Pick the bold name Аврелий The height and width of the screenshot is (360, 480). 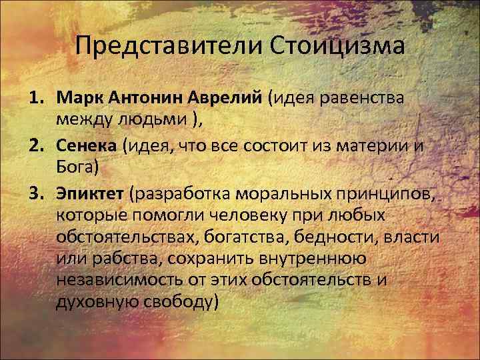click(x=228, y=99)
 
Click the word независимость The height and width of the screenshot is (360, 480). click(x=127, y=280)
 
